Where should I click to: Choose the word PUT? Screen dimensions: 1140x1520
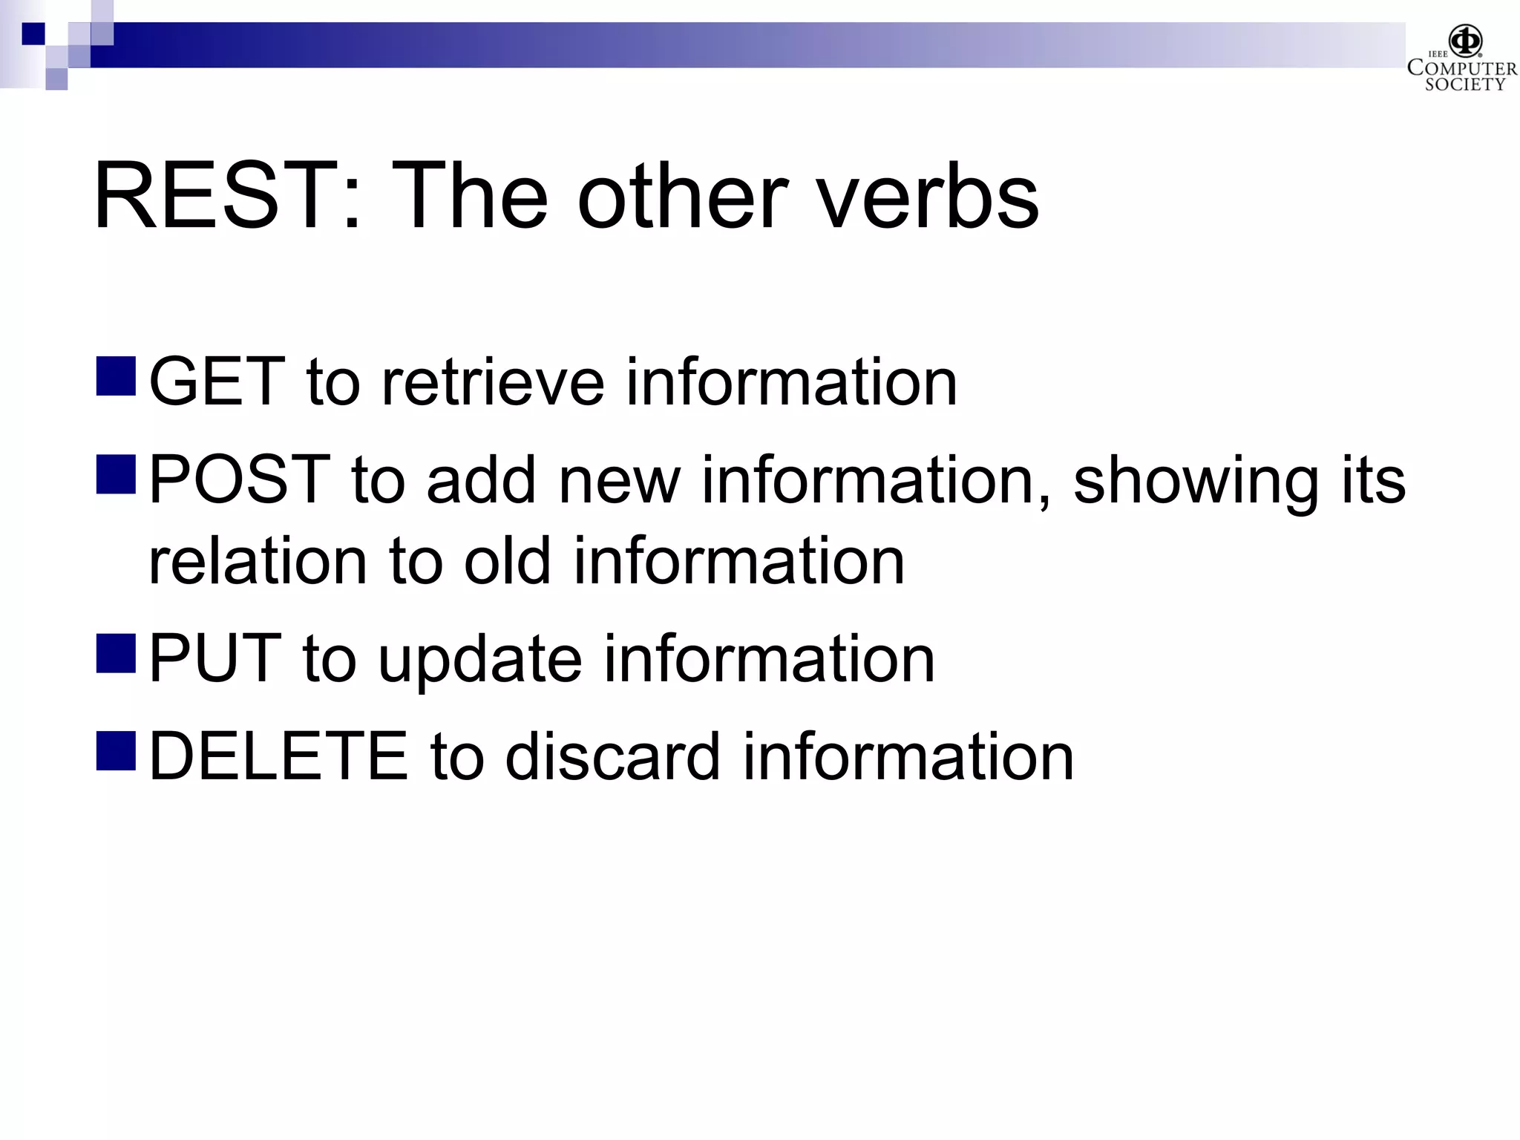pos(215,659)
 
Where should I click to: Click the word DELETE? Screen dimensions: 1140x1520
pos(278,757)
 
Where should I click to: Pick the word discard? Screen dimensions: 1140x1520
pos(612,757)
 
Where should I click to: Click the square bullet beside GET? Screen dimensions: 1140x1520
pos(116,376)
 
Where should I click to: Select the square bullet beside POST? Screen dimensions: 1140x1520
pos(116,474)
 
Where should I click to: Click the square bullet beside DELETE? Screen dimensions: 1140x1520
pos(116,750)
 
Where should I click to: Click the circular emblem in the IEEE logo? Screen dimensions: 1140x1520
pos(1465,42)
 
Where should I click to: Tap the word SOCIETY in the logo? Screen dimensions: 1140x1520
pos(1464,85)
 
